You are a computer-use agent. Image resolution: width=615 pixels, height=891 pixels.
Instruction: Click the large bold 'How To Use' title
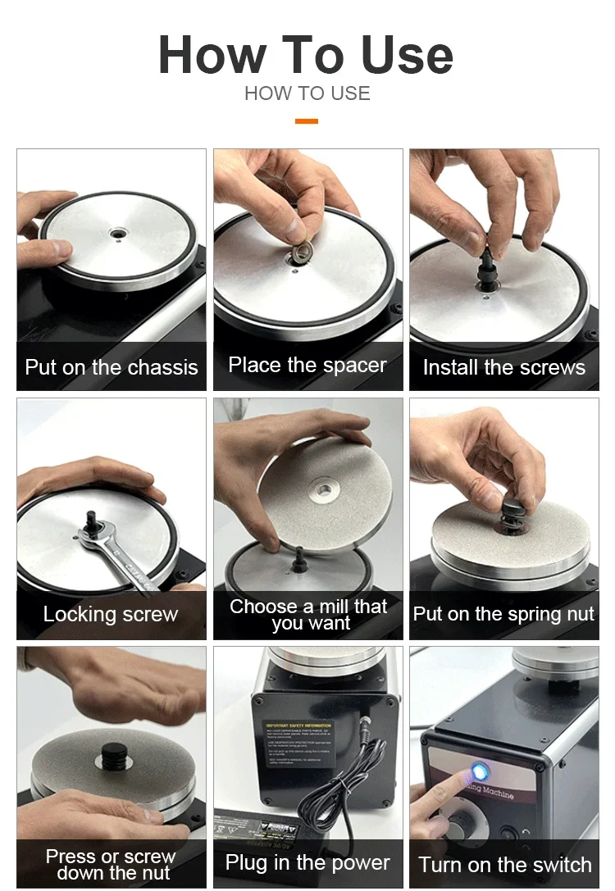[x=306, y=55]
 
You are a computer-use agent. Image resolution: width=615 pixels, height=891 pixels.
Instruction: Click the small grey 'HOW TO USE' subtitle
[x=307, y=93]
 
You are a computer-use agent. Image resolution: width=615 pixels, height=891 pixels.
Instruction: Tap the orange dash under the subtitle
[x=307, y=121]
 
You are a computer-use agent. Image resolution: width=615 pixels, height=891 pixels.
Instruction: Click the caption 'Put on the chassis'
[x=112, y=367]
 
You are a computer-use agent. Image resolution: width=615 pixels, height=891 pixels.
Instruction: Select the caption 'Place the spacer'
[x=307, y=366]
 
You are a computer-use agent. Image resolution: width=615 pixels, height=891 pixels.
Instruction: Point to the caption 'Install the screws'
[x=504, y=368]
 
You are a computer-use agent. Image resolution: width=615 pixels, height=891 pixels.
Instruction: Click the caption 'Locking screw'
[x=111, y=615]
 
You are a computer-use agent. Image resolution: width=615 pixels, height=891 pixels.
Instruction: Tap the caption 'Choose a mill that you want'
[x=308, y=615]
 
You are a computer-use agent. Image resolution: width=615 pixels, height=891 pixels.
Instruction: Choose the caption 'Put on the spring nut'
[x=504, y=615]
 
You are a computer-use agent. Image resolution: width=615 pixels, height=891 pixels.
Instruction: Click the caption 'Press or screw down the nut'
[x=111, y=864]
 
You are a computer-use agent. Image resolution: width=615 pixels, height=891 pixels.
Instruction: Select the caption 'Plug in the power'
[x=307, y=863]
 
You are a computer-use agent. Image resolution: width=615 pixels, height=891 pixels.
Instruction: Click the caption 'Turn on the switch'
[x=504, y=865]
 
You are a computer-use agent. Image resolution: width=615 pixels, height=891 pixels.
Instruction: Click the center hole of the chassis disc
[x=119, y=233]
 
